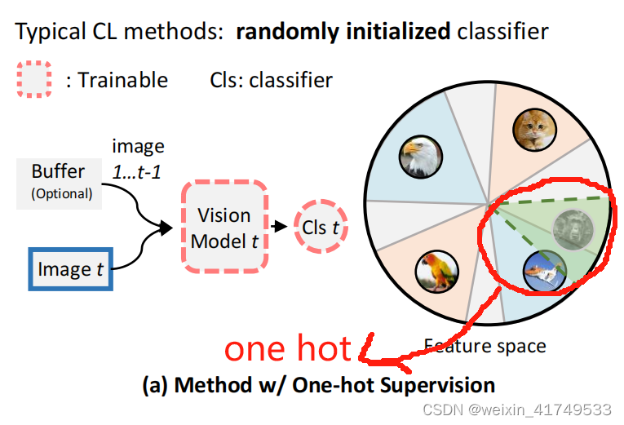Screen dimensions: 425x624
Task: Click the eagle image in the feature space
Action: [x=420, y=157]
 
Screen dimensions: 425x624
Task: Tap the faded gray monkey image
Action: [x=571, y=231]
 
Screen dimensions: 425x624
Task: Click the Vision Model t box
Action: [x=224, y=227]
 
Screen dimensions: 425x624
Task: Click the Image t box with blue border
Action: [x=70, y=268]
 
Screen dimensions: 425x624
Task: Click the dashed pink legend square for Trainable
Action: [x=35, y=80]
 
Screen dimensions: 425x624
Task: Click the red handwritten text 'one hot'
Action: [x=287, y=349]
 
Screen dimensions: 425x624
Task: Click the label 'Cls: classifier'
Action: [x=272, y=80]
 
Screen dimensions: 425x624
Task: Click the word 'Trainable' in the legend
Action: [x=122, y=80]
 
